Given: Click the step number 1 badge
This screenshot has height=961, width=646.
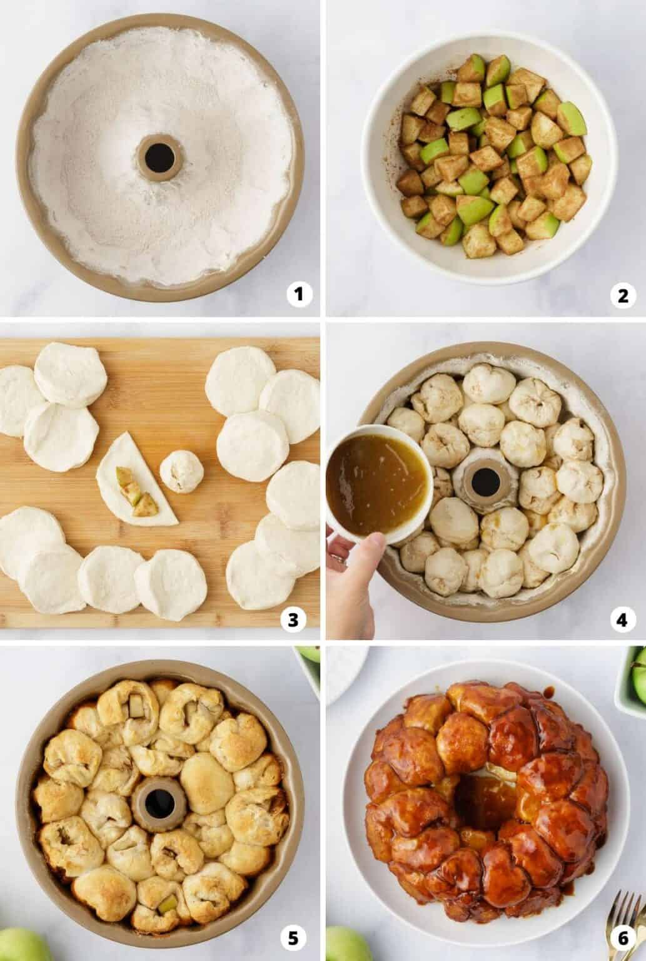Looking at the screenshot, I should (299, 293).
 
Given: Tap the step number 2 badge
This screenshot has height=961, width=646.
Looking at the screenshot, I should (622, 293).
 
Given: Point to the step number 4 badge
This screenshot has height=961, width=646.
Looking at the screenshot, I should (622, 619).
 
